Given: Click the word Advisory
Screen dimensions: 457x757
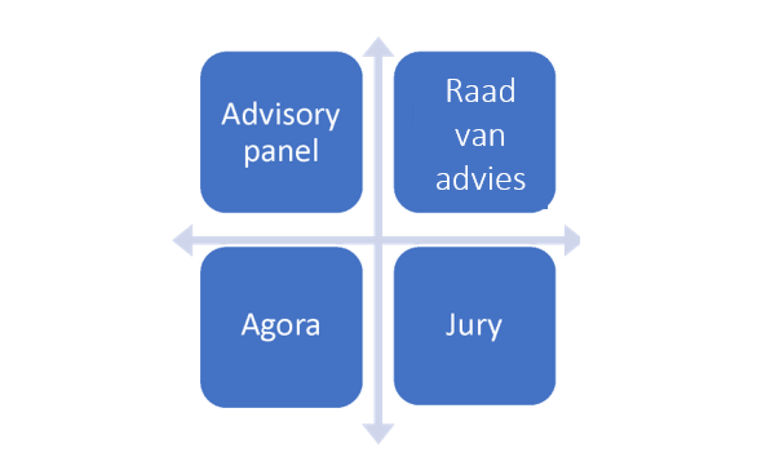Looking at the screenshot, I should pyautogui.click(x=281, y=115).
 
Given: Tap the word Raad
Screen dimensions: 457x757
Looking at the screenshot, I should pyautogui.click(x=480, y=92).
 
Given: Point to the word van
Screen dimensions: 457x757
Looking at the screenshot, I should pyautogui.click(x=480, y=136).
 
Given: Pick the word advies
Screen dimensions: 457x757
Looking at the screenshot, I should pyautogui.click(x=480, y=179).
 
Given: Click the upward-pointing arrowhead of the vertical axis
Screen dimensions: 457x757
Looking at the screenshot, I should pyautogui.click(x=378, y=46).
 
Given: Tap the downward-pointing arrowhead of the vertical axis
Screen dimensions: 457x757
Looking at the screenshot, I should pyautogui.click(x=378, y=434).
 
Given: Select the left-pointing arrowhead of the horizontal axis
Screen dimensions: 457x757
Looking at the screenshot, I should pyautogui.click(x=183, y=240).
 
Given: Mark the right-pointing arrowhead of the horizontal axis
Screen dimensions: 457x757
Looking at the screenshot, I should pyautogui.click(x=572, y=240).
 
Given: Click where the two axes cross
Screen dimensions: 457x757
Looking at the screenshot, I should pyautogui.click(x=378, y=240).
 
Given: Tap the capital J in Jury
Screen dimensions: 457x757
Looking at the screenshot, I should pyautogui.click(x=451, y=323).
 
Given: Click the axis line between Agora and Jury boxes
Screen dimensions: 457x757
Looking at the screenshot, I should pyautogui.click(x=378, y=326).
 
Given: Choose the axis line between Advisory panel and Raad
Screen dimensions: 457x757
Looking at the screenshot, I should pyautogui.click(x=378, y=131).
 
